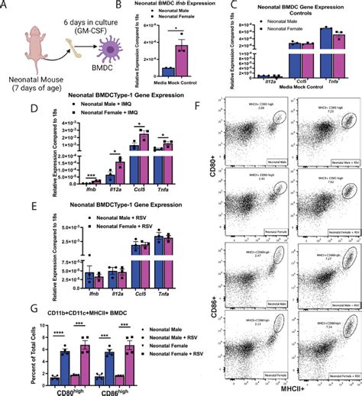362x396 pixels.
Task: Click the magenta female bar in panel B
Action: click(181, 59)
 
